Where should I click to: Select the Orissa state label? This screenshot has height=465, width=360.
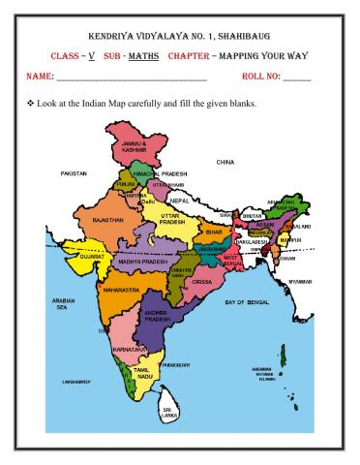click(201, 281)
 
